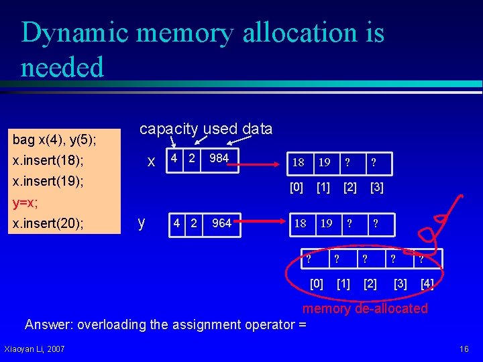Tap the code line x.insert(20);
pyautogui.click(x=48, y=223)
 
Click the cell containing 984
pyautogui.click(x=219, y=159)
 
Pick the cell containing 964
pyautogui.click(x=221, y=223)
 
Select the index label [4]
pyautogui.click(x=427, y=284)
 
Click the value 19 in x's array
pyautogui.click(x=324, y=162)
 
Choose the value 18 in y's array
pyautogui.click(x=301, y=223)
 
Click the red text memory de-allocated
pyautogui.click(x=365, y=308)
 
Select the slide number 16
pyautogui.click(x=464, y=349)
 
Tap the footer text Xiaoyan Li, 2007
pyautogui.click(x=34, y=349)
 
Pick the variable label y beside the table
pyautogui.click(x=141, y=223)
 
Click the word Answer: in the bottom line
pyautogui.click(x=50, y=325)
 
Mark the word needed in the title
pyautogui.click(x=62, y=68)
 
